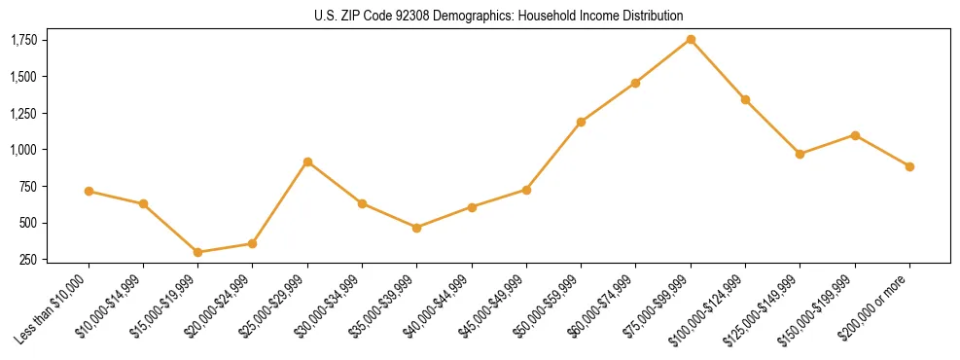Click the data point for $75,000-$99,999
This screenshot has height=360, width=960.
(691, 39)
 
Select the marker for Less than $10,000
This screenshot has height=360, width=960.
(89, 191)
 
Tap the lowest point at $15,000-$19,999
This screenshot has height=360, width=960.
(198, 252)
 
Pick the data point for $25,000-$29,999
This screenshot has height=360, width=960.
(307, 162)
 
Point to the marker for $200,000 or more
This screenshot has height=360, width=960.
(909, 166)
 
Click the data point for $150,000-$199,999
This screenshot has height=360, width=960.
(855, 135)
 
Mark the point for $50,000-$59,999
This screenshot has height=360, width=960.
(581, 122)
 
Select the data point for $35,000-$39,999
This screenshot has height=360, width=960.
(417, 228)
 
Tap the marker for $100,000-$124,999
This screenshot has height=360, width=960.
(745, 99)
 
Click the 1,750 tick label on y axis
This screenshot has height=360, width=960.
(23, 40)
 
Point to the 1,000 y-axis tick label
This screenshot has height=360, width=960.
(23, 150)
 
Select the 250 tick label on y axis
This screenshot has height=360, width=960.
(28, 260)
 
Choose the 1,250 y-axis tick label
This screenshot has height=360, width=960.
(23, 113)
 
